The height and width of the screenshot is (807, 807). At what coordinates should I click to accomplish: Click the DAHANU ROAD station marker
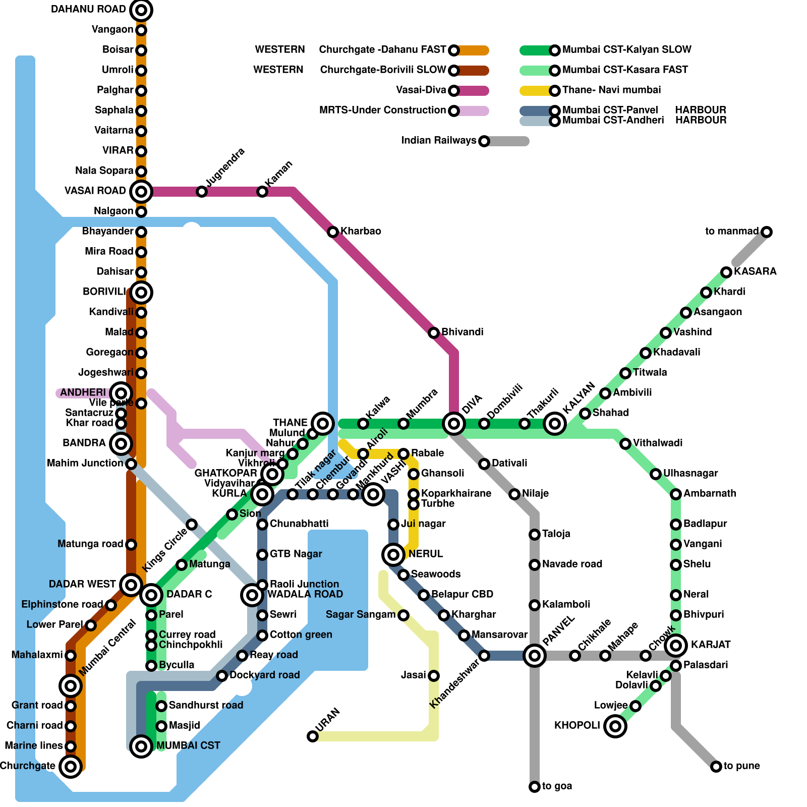pyautogui.click(x=141, y=10)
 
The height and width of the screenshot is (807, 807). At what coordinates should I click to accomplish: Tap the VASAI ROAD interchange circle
pyautogui.click(x=141, y=191)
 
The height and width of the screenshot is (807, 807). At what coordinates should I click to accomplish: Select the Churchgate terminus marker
pyautogui.click(x=71, y=766)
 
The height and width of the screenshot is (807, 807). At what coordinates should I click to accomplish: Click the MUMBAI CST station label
pyautogui.click(x=188, y=745)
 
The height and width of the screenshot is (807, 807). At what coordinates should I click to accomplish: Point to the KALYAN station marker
pyautogui.click(x=555, y=423)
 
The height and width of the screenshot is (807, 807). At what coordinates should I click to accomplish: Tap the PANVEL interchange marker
pyautogui.click(x=535, y=655)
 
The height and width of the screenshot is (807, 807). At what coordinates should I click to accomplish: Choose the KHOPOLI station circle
pyautogui.click(x=615, y=726)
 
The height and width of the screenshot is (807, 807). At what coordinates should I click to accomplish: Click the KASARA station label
pyautogui.click(x=755, y=271)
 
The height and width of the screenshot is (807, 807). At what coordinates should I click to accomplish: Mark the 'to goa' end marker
pyautogui.click(x=535, y=786)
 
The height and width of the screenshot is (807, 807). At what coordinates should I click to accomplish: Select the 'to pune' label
pyautogui.click(x=741, y=766)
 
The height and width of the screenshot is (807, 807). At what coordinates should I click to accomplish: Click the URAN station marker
pyautogui.click(x=313, y=736)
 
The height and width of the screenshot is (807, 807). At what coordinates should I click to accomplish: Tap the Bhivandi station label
pyautogui.click(x=462, y=332)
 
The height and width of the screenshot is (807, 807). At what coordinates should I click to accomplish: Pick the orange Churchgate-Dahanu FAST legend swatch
pyautogui.click(x=474, y=50)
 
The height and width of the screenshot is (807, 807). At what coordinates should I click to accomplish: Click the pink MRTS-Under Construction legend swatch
pyautogui.click(x=474, y=110)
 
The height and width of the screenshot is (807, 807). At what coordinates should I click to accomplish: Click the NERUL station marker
pyautogui.click(x=393, y=554)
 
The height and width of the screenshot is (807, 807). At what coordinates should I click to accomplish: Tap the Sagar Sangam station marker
pyautogui.click(x=403, y=615)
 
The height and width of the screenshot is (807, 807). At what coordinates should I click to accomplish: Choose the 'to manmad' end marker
pyautogui.click(x=767, y=232)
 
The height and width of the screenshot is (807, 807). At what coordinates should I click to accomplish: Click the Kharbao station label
pyautogui.click(x=361, y=231)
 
